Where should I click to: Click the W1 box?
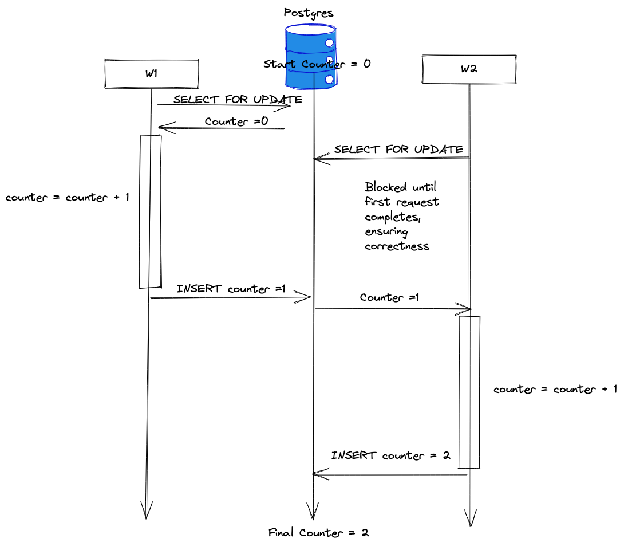(x=151, y=74)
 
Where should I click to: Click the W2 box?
(x=469, y=69)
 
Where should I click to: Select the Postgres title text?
(x=309, y=12)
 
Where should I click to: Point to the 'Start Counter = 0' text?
(x=317, y=64)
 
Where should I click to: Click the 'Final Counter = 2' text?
(x=319, y=533)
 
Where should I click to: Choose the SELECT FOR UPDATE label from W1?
(x=238, y=100)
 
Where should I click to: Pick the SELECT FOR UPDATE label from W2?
(x=398, y=150)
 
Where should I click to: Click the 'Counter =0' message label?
(x=236, y=121)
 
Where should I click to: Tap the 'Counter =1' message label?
(x=389, y=297)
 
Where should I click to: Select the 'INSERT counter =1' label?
(x=231, y=289)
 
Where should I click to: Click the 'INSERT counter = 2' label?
(x=390, y=456)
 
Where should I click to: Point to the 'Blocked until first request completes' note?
(x=402, y=216)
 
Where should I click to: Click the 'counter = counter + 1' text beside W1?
(x=68, y=198)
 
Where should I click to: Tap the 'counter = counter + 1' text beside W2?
(x=555, y=390)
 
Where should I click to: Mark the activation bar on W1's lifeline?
(x=151, y=211)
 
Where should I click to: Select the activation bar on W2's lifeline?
(x=469, y=392)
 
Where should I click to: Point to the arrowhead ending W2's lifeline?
(x=470, y=518)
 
